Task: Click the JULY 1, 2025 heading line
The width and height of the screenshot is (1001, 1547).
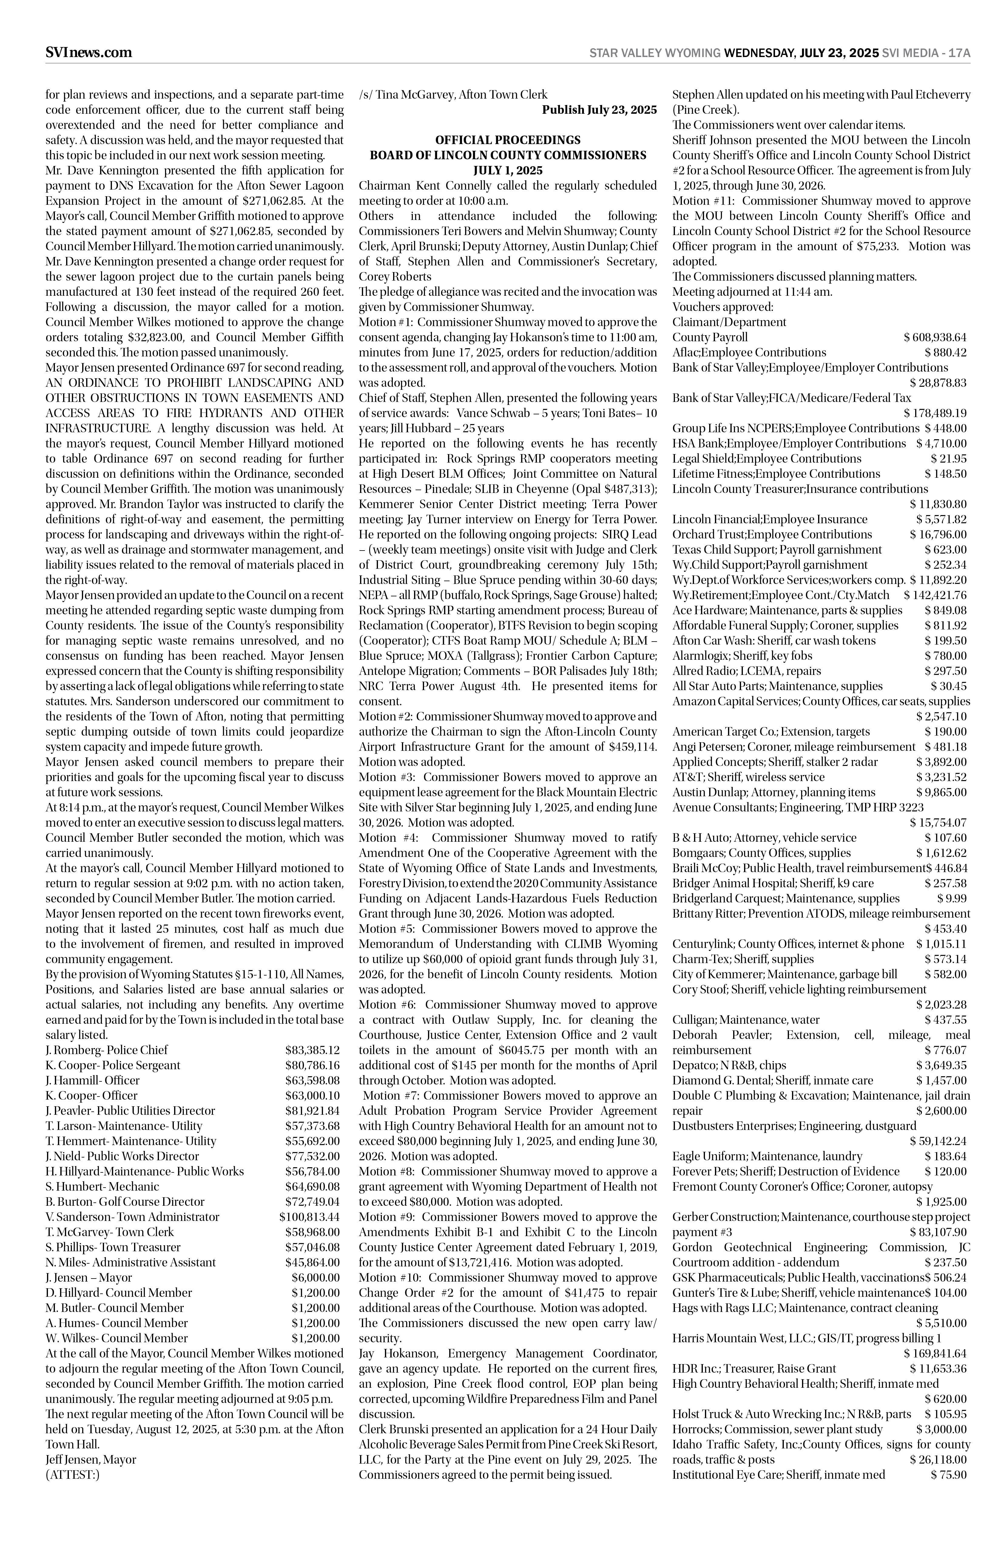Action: (x=508, y=170)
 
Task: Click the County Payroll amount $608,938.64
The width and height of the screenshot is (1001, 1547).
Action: (x=935, y=337)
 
